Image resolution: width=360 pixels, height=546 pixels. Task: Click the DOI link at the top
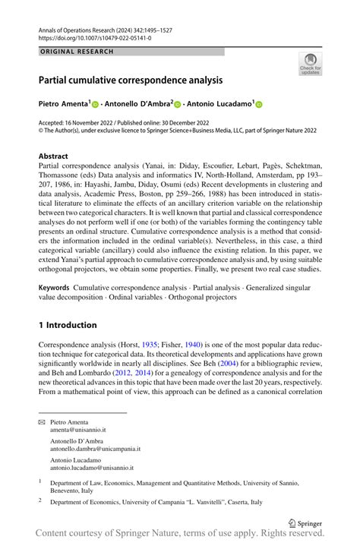point(86,36)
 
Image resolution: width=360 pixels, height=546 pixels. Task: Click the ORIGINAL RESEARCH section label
point(76,52)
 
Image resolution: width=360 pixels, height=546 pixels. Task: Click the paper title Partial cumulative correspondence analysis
point(131,79)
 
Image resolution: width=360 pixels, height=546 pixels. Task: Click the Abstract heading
point(53,156)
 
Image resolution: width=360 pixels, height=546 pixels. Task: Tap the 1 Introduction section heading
point(68,325)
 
